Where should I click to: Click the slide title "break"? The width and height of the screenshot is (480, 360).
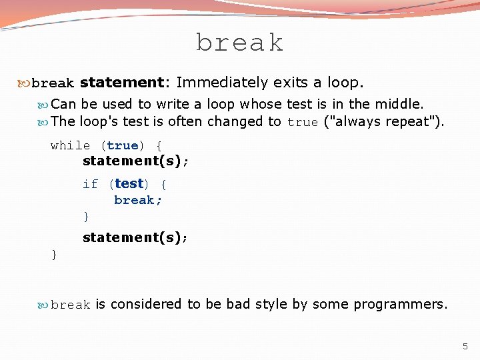tap(240, 43)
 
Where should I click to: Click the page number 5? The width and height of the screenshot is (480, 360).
tap(465, 346)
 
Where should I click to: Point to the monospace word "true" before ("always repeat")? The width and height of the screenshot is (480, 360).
tap(303, 123)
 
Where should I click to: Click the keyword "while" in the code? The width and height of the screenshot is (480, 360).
tap(70, 145)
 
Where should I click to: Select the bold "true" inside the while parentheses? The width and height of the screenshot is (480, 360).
tap(122, 145)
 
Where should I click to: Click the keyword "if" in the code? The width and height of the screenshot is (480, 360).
tap(90, 184)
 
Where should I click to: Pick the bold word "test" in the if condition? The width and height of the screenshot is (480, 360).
tap(129, 183)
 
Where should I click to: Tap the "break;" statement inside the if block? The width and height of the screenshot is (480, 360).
tap(138, 200)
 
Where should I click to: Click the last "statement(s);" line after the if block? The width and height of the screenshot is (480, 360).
tap(135, 237)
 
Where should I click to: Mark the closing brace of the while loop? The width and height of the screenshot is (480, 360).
tap(54, 254)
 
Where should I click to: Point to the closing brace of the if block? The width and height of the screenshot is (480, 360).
tap(86, 216)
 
